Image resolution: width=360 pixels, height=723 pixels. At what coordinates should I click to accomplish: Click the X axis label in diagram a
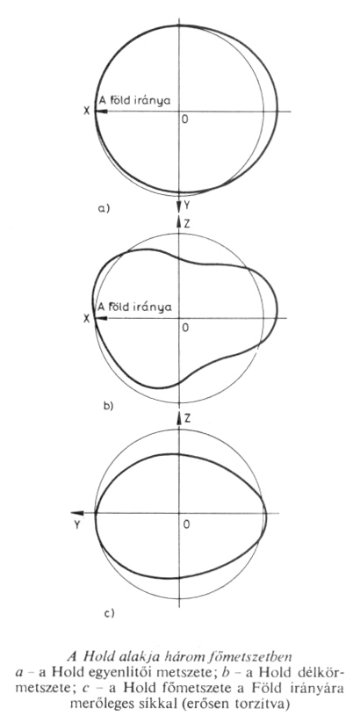(86, 111)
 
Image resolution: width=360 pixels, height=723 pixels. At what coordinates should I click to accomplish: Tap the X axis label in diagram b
(86, 318)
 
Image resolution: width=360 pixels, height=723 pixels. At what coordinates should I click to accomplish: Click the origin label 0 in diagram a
(185, 119)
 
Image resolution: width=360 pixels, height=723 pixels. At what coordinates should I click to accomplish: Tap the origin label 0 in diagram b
(185, 328)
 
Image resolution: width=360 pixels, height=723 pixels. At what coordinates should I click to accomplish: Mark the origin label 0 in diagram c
(186, 524)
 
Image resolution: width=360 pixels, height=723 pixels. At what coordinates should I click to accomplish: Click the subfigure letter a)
(104, 208)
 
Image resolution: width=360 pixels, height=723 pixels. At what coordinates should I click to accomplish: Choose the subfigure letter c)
(109, 613)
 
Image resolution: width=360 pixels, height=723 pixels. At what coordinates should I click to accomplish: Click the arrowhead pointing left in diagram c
(77, 513)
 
